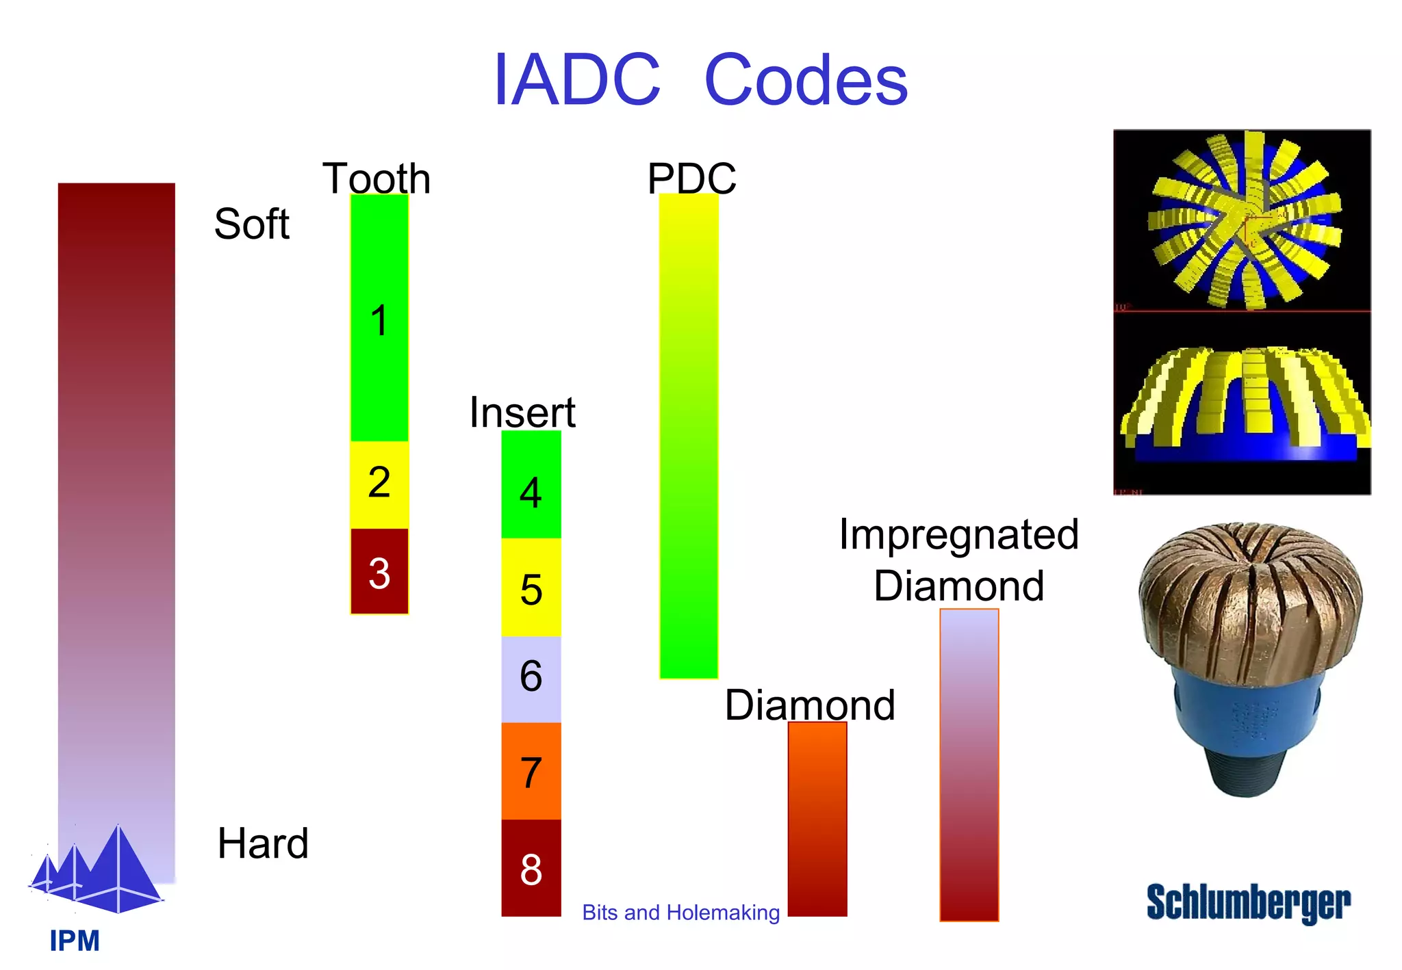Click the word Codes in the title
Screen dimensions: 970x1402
pyautogui.click(x=806, y=81)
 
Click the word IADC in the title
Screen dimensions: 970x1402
pyautogui.click(x=576, y=81)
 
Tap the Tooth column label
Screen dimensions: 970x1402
pyautogui.click(x=377, y=179)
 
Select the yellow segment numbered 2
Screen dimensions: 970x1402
pyautogui.click(x=379, y=484)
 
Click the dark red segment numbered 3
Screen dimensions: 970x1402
pyautogui.click(x=379, y=572)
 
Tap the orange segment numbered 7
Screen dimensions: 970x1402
pyautogui.click(x=531, y=772)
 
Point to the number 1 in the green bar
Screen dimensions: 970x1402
pyautogui.click(x=379, y=321)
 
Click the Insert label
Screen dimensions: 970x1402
pyautogui.click(x=522, y=412)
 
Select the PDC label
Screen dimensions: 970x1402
pyautogui.click(x=691, y=179)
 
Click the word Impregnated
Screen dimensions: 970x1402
pyautogui.click(x=958, y=534)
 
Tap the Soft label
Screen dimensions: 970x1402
pyautogui.click(x=251, y=224)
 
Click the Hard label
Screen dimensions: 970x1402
pyautogui.click(x=263, y=843)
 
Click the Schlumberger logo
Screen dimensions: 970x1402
pyautogui.click(x=1248, y=903)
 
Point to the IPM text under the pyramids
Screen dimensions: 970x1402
pyautogui.click(x=75, y=941)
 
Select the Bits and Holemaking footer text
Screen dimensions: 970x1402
pyautogui.click(x=680, y=913)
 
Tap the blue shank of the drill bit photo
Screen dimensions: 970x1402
pyautogui.click(x=1246, y=718)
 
